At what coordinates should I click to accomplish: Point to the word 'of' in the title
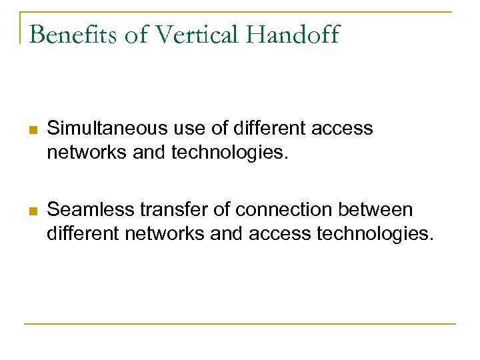pos(136,34)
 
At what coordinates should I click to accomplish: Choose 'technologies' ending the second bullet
pos(375,234)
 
